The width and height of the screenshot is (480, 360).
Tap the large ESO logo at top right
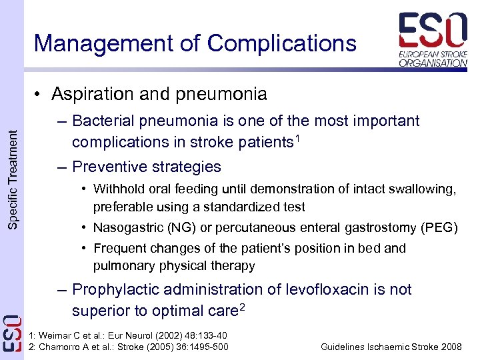coord(433,30)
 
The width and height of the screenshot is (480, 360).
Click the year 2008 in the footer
coord(450,347)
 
